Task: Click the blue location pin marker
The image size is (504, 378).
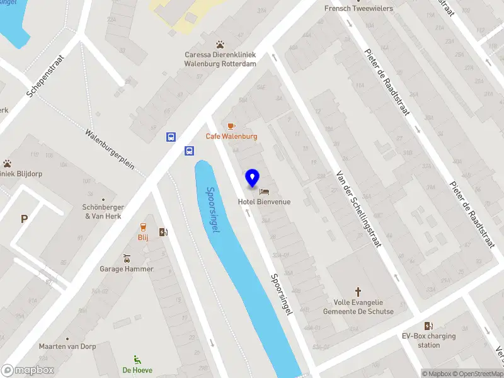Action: (x=252, y=178)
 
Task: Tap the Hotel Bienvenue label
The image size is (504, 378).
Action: (x=264, y=202)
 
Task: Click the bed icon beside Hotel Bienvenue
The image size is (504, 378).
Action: (x=264, y=190)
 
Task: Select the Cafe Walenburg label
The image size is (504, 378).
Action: (x=231, y=136)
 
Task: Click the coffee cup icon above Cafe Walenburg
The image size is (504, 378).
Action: (x=231, y=126)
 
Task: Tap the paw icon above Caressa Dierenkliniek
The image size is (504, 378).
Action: (x=220, y=45)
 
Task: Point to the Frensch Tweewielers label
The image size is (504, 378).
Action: (x=358, y=8)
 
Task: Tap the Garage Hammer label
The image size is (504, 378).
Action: (x=127, y=269)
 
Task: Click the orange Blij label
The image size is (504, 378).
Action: (x=143, y=238)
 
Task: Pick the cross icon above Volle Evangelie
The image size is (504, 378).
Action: (x=358, y=292)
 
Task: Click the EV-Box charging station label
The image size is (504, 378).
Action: (x=429, y=341)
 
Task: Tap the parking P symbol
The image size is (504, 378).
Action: (x=25, y=219)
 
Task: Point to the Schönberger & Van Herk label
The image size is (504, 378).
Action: (x=103, y=212)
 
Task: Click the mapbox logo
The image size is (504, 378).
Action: (x=28, y=370)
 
